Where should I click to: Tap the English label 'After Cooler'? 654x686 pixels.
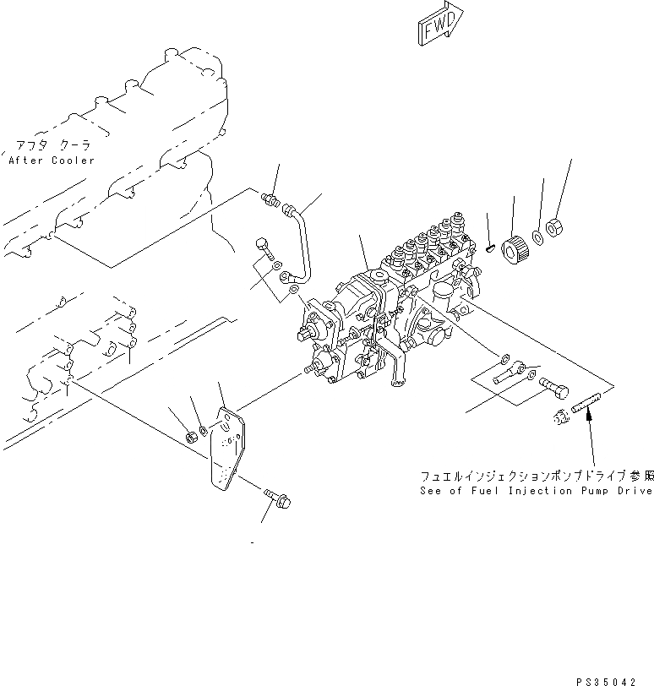tap(52, 160)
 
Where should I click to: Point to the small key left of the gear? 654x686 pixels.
tap(491, 248)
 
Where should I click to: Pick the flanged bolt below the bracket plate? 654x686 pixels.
tap(274, 498)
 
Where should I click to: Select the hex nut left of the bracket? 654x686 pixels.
tap(192, 436)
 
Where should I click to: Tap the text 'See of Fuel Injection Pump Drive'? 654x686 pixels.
tap(536, 491)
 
